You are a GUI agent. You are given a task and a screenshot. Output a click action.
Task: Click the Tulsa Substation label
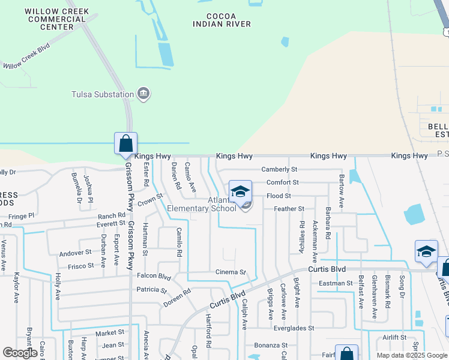tap(102, 94)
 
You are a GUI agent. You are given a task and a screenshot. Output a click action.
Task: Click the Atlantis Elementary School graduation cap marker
tap(240, 191)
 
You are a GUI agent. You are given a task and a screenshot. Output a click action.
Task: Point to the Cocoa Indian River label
tap(221, 20)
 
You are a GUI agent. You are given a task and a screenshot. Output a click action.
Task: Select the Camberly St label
tap(279, 170)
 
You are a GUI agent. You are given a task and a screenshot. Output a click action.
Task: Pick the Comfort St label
tap(282, 182)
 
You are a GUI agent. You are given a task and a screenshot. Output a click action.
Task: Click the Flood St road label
tap(279, 196)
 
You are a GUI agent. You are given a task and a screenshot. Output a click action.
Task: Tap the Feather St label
tap(289, 209)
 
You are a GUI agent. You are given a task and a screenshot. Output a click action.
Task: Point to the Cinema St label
tap(231, 272)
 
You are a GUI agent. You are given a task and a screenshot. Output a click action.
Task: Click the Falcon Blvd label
tap(154, 277)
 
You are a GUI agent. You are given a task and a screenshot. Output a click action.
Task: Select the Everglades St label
tap(294, 328)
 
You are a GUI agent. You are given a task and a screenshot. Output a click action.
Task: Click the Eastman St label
tap(336, 283)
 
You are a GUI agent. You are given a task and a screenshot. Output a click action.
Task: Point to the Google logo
tap(20, 353)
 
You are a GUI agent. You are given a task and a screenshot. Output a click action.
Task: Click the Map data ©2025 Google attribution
tap(411, 355)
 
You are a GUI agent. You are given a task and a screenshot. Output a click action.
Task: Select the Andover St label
tap(75, 253)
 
